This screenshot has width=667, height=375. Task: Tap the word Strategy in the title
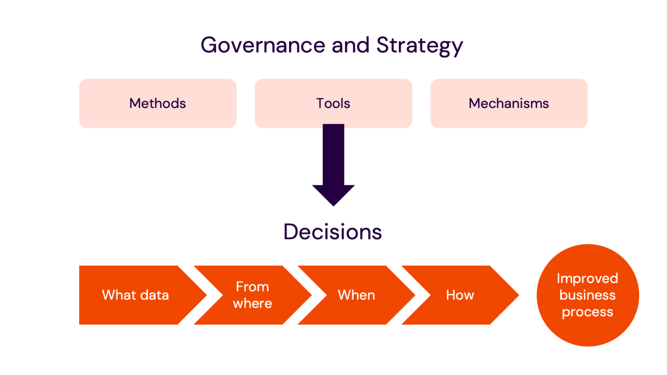click(420, 45)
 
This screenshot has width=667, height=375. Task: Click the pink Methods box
click(157, 103)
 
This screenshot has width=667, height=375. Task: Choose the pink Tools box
click(333, 103)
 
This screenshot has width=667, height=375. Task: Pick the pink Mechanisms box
click(509, 103)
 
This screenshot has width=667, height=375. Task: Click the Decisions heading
click(333, 231)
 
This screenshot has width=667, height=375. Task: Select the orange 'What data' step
click(135, 295)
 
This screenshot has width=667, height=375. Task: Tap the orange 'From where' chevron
click(252, 295)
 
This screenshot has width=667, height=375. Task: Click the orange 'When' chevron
click(356, 295)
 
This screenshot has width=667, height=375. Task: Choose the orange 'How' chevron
click(460, 295)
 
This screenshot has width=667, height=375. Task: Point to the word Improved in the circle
click(587, 278)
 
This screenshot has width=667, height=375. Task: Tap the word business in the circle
click(587, 295)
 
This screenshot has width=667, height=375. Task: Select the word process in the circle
click(587, 312)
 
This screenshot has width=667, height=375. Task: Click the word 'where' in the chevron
click(252, 303)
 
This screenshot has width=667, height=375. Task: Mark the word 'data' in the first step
click(155, 295)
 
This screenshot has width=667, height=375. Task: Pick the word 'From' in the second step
click(252, 287)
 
